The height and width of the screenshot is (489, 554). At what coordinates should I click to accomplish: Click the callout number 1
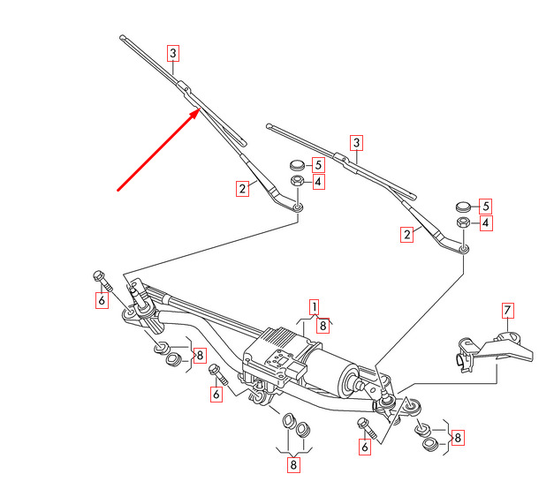coord(314,307)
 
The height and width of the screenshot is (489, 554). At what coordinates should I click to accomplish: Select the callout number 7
coord(508,310)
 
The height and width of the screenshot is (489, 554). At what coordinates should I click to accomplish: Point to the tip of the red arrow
coord(201,108)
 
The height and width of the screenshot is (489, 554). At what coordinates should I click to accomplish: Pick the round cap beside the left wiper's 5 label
coord(297,164)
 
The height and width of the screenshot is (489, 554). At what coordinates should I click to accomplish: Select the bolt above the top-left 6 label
coord(102,282)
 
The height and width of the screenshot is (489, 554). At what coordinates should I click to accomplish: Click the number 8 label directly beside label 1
coord(323,325)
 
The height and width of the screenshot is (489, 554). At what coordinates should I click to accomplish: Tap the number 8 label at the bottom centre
coord(293,464)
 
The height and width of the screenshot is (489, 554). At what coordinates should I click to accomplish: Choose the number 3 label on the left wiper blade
coord(173,53)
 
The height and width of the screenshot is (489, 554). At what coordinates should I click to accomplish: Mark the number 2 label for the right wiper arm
coord(407,235)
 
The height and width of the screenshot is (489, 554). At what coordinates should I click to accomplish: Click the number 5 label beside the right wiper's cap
coord(486,207)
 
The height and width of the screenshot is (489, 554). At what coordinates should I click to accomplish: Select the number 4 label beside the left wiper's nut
coord(318,182)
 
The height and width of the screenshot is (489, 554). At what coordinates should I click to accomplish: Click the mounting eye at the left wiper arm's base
coord(299,207)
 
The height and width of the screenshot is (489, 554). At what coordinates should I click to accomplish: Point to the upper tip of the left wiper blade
coord(122,37)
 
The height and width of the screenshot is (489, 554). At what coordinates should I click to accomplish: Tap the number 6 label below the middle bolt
coord(216,394)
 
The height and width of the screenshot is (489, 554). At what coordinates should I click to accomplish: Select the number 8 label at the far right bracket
coord(459,438)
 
